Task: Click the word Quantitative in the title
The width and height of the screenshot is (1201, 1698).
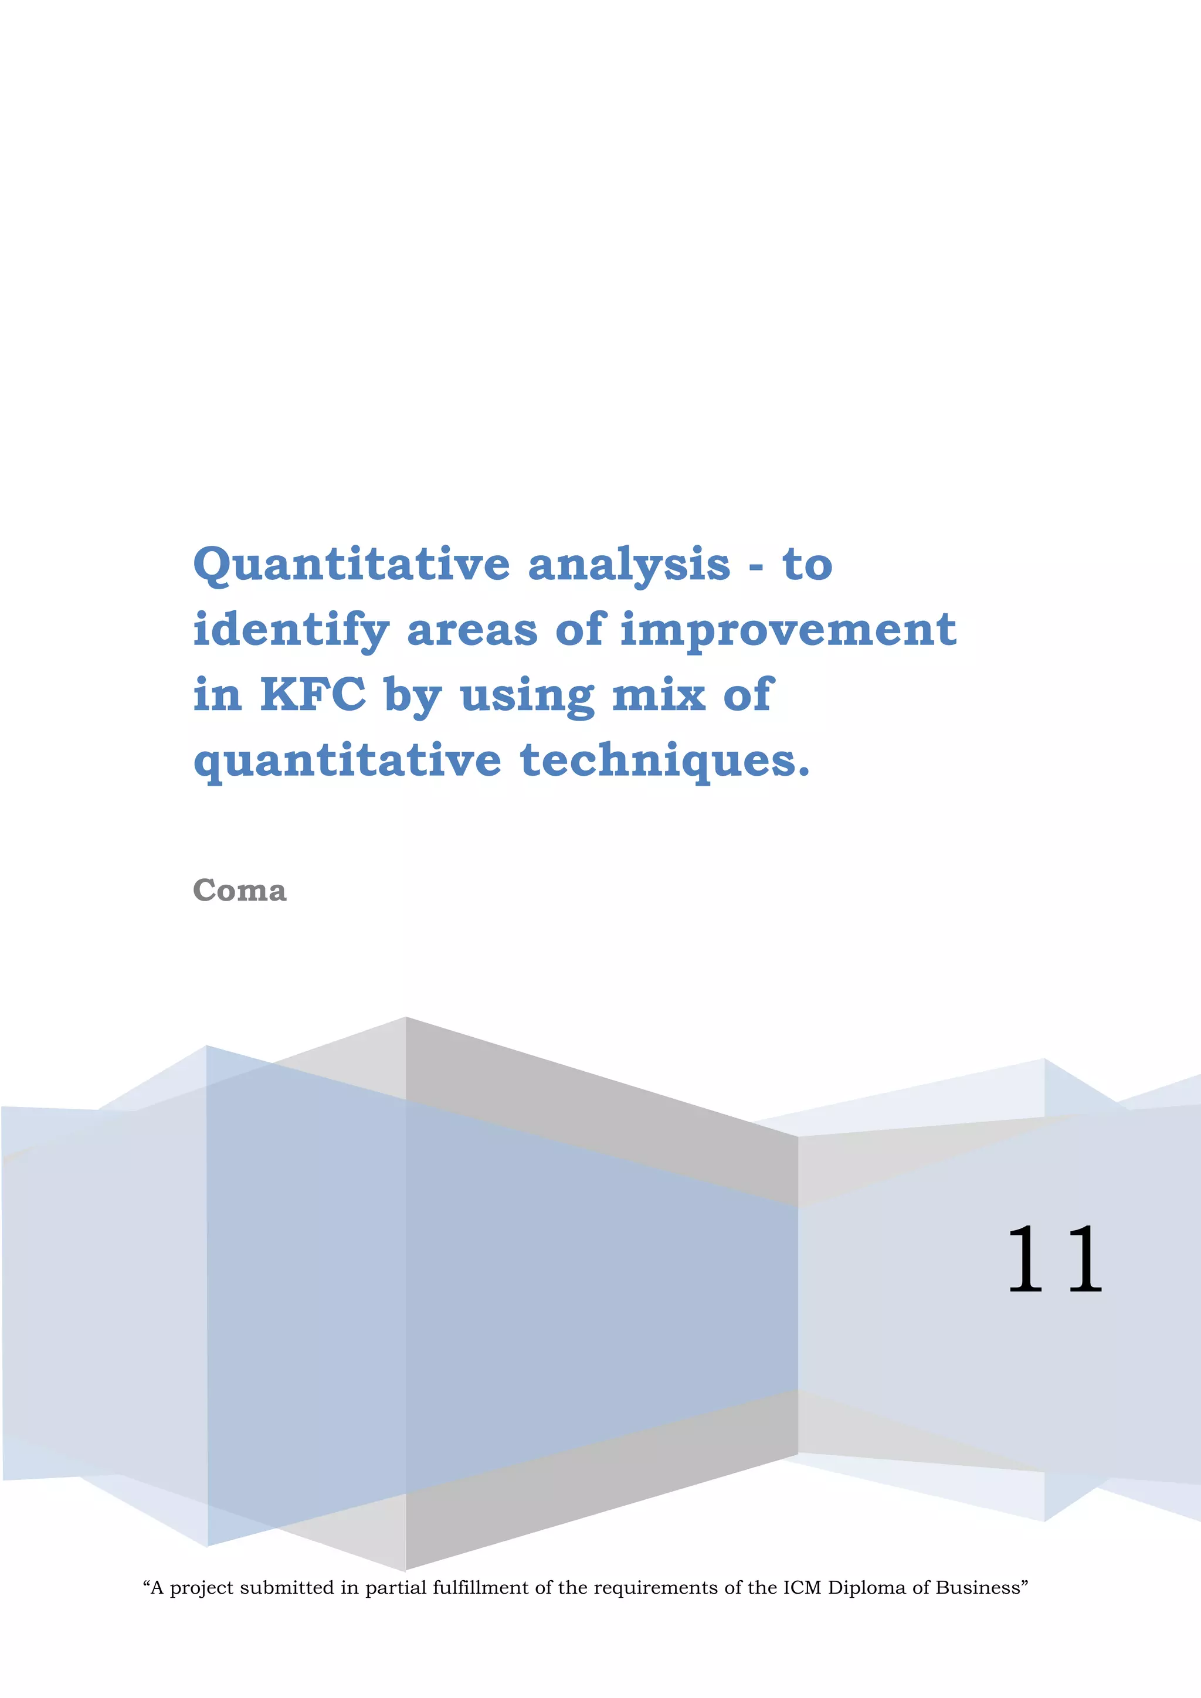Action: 351,566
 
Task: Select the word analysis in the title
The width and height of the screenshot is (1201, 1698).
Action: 629,566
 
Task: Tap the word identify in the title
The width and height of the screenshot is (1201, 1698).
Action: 291,631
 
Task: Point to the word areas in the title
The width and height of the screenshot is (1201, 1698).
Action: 472,631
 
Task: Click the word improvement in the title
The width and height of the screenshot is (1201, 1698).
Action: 788,631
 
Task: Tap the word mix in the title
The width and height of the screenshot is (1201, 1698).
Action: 658,695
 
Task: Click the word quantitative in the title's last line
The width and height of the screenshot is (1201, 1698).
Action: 347,762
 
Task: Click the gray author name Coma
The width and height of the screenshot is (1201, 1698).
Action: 239,891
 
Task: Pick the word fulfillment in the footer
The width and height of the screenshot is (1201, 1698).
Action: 481,1588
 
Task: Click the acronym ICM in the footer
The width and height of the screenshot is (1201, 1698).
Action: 802,1588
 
